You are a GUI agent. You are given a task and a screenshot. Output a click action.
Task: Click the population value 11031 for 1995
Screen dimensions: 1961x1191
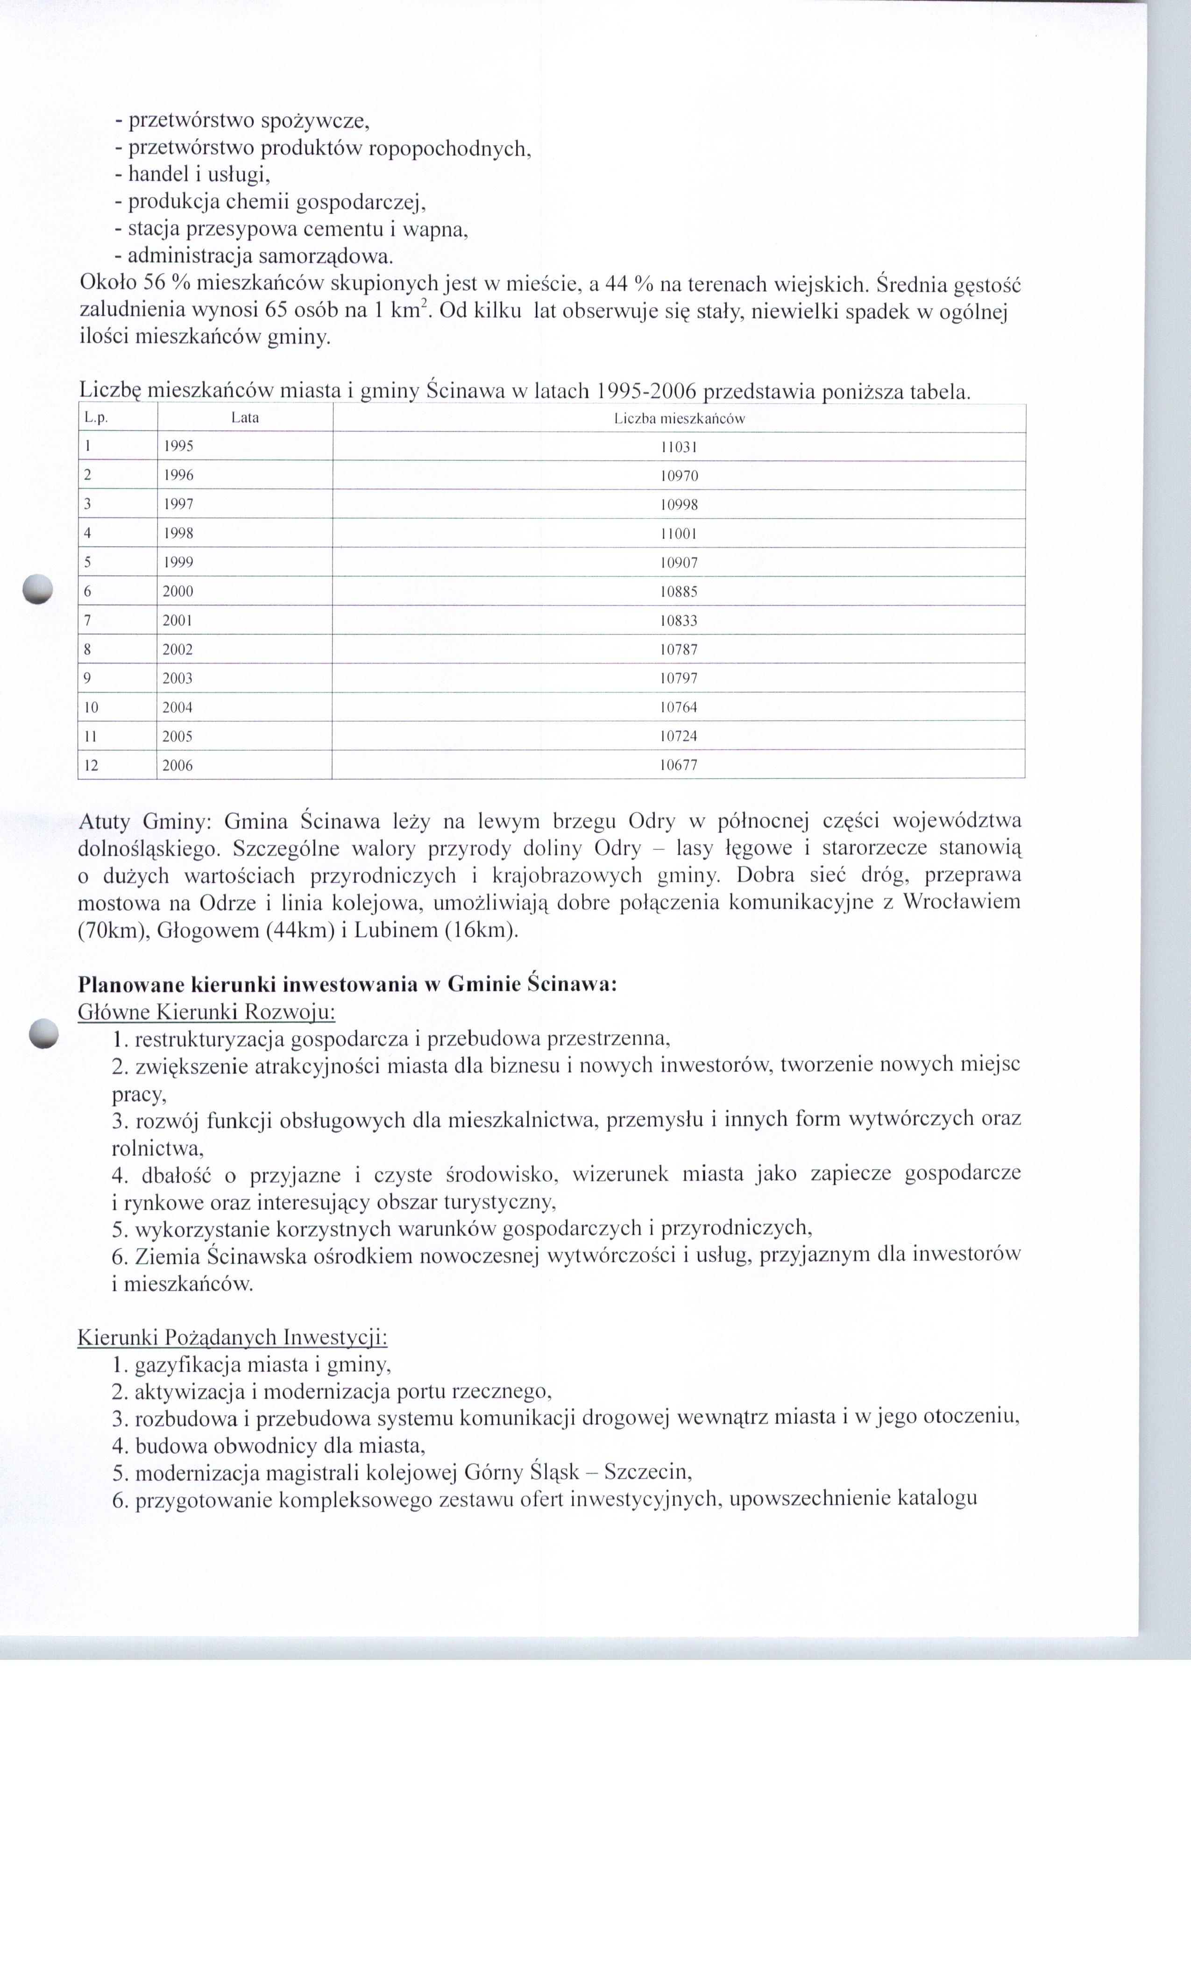tap(679, 447)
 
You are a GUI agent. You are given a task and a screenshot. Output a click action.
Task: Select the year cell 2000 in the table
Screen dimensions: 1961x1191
tap(177, 591)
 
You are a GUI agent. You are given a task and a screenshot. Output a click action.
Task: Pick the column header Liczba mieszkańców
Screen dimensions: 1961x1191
tap(679, 419)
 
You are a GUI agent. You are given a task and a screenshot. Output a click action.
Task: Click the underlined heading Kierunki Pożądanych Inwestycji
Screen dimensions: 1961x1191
tap(233, 1337)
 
